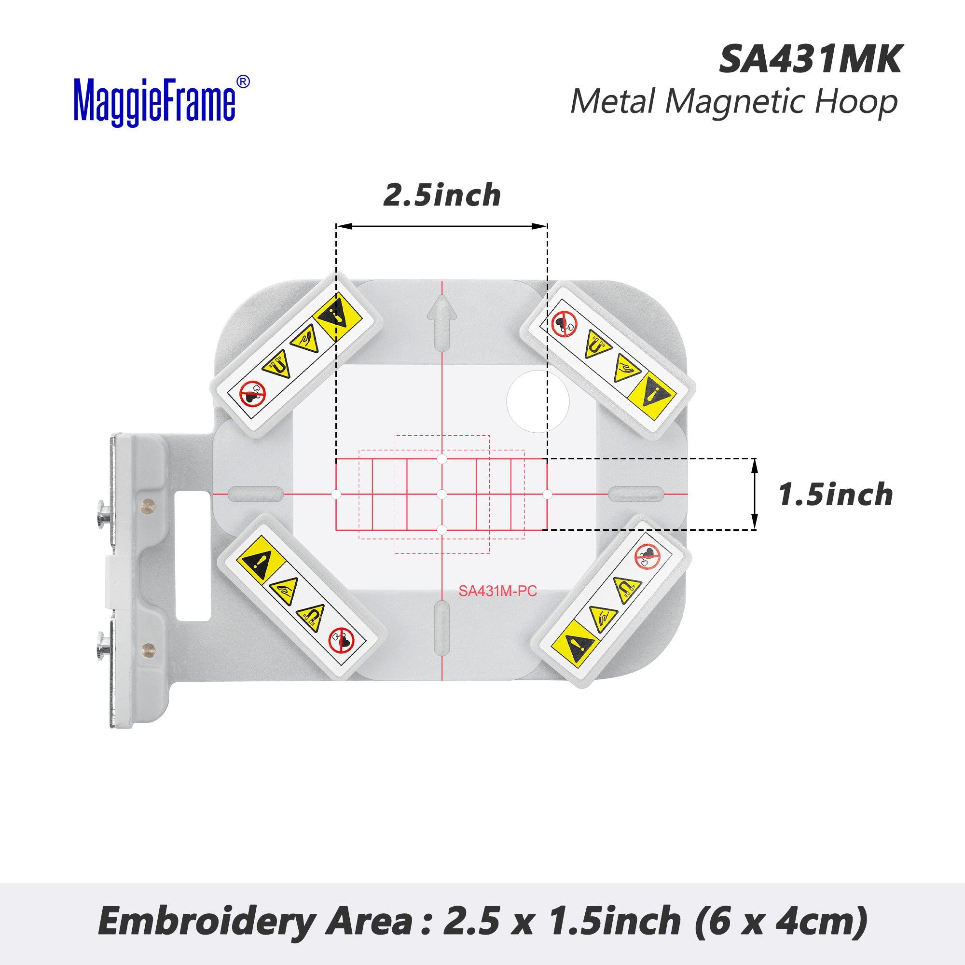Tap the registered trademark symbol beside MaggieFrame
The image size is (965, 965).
click(x=243, y=83)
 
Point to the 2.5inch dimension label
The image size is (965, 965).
click(x=442, y=195)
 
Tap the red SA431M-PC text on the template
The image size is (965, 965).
click(x=497, y=592)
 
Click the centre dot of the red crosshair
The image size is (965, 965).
click(x=441, y=495)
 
